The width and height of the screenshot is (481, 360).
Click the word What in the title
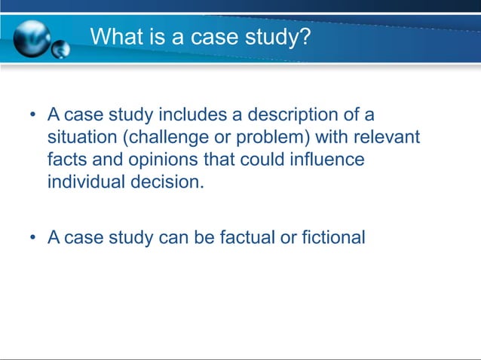tap(115, 35)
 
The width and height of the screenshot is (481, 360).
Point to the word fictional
tap(332, 238)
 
